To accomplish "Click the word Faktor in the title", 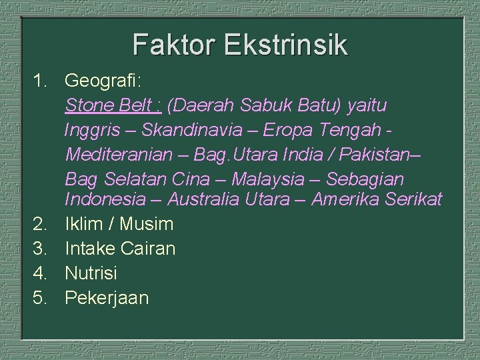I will [175, 45].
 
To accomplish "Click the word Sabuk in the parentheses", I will [259, 105].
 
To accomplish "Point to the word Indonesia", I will [105, 199].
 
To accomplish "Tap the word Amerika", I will [345, 199].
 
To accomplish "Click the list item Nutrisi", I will [91, 273].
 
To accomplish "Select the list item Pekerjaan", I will [107, 297].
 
